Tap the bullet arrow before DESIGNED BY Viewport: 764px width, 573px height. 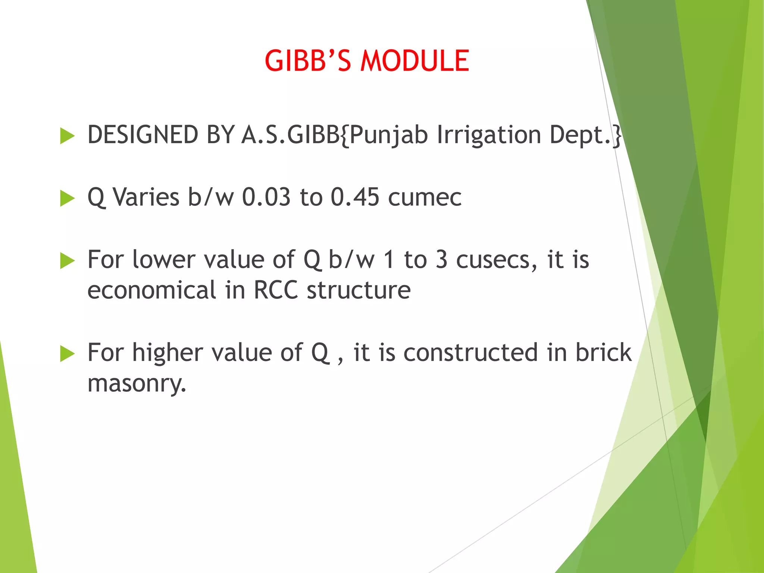(x=67, y=136)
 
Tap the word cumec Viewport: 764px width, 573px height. (x=425, y=198)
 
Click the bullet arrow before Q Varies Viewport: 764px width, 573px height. (x=67, y=198)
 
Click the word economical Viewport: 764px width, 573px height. (x=151, y=290)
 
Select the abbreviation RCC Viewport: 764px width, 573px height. (x=276, y=290)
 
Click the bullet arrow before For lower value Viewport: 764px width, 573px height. (x=67, y=260)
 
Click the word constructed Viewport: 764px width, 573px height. (x=470, y=353)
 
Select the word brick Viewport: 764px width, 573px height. (x=603, y=353)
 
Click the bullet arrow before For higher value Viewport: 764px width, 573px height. (x=67, y=353)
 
